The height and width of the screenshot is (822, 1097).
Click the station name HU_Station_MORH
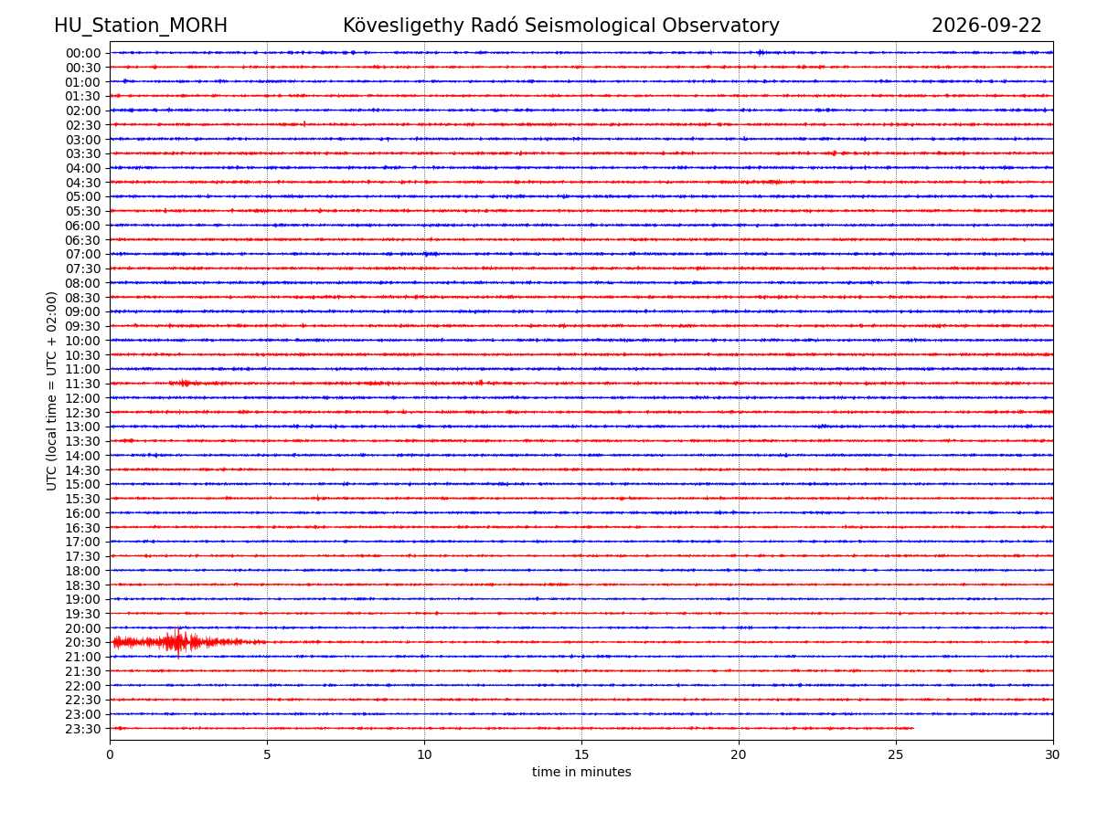[x=141, y=26]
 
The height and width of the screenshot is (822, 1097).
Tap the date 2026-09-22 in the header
[x=986, y=26]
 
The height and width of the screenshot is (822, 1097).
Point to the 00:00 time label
[x=83, y=53]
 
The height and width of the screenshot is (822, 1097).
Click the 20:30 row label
[x=83, y=642]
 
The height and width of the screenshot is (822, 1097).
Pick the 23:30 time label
[x=83, y=729]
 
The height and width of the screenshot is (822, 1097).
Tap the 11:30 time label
[x=83, y=384]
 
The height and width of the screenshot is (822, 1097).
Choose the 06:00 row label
[x=83, y=226]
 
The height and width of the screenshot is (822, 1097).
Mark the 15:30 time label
[x=83, y=499]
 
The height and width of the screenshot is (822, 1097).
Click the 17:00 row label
[x=83, y=542]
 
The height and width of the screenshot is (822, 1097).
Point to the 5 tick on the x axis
[x=267, y=754]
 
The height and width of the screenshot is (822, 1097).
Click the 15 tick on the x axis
[x=581, y=754]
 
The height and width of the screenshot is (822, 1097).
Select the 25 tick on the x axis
[x=896, y=754]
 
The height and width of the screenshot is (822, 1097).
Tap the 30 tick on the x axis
[x=1052, y=754]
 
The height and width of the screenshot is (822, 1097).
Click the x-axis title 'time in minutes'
[x=581, y=772]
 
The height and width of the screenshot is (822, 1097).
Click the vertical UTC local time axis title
[x=51, y=391]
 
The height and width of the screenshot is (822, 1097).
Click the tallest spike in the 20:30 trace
[x=178, y=642]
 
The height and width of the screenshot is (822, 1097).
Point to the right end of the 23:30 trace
[x=913, y=728]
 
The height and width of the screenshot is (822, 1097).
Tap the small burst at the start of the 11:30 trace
[x=185, y=384]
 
